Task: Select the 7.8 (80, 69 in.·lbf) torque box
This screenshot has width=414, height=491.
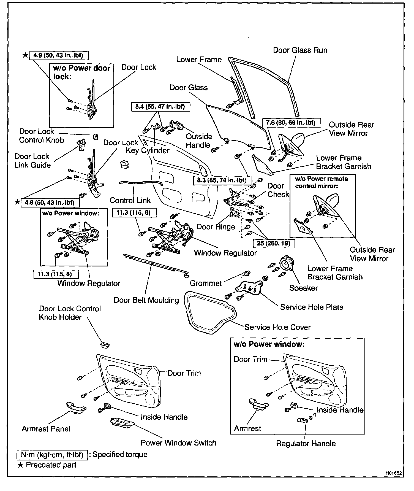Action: pos(291,123)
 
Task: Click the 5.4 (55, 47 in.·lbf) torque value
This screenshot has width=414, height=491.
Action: pos(160,107)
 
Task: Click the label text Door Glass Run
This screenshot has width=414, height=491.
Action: pos(300,50)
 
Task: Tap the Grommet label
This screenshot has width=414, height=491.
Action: pos(206,283)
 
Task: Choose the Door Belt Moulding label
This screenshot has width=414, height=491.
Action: pos(146,300)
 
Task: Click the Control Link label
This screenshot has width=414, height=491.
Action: pos(130,200)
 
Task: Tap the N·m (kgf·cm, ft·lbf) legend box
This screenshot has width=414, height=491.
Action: pos(52,454)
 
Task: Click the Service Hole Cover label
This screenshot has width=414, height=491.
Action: pos(277,327)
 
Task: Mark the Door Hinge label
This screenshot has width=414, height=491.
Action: pos(216,227)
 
